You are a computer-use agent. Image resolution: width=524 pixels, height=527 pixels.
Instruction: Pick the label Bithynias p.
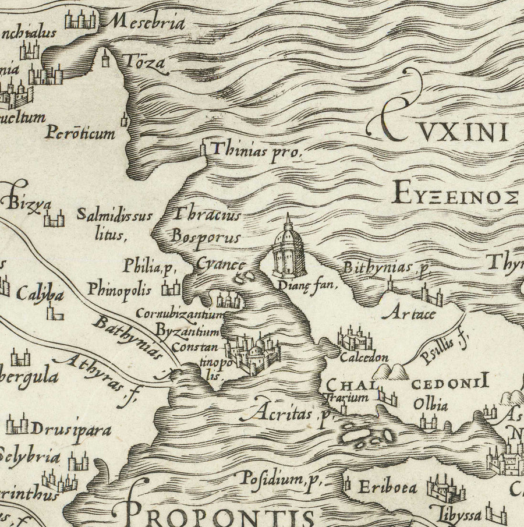pos(386,268)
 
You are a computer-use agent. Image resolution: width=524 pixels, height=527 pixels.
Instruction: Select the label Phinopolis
pos(119,289)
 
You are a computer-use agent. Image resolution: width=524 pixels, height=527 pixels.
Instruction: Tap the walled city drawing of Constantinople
pos(253,353)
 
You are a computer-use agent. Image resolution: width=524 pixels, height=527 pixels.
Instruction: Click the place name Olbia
pos(430,404)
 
